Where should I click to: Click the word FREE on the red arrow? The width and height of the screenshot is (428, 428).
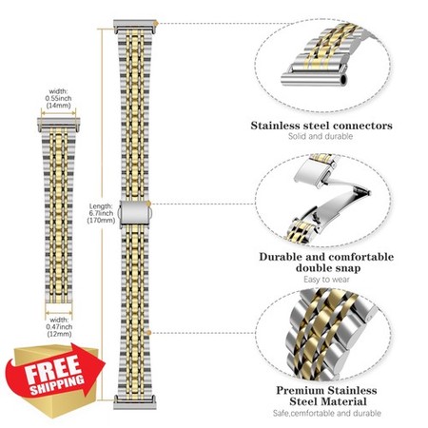[x=53, y=369]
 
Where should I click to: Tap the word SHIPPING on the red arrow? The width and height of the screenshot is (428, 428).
[x=57, y=385]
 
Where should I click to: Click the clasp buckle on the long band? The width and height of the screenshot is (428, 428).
[x=134, y=213]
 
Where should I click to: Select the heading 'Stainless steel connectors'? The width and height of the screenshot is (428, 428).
[x=321, y=126]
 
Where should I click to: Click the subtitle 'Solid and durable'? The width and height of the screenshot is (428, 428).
[x=321, y=136]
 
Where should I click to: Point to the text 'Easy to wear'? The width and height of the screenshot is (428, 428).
[x=326, y=280]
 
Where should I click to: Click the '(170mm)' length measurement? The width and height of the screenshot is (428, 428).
[x=101, y=220]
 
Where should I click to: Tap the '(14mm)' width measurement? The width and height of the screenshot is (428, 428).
[x=59, y=106]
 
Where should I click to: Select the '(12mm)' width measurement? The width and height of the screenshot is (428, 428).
[x=59, y=334]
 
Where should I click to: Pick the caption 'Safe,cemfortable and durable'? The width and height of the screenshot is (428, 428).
[x=327, y=414]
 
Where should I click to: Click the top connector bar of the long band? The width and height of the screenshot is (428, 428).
[x=135, y=27]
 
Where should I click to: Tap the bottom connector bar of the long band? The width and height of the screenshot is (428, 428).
[x=135, y=402]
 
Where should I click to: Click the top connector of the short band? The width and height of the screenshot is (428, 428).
[x=59, y=125]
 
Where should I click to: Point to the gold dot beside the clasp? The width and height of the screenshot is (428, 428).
[x=149, y=204]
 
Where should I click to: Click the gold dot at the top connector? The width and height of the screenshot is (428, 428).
[x=156, y=23]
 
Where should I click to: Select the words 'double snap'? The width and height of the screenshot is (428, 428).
[x=328, y=268]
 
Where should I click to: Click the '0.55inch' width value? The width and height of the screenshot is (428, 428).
[x=59, y=98]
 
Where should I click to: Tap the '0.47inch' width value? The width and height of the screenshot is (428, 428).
[x=59, y=327]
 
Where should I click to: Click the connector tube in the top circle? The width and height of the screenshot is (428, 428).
[x=314, y=79]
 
